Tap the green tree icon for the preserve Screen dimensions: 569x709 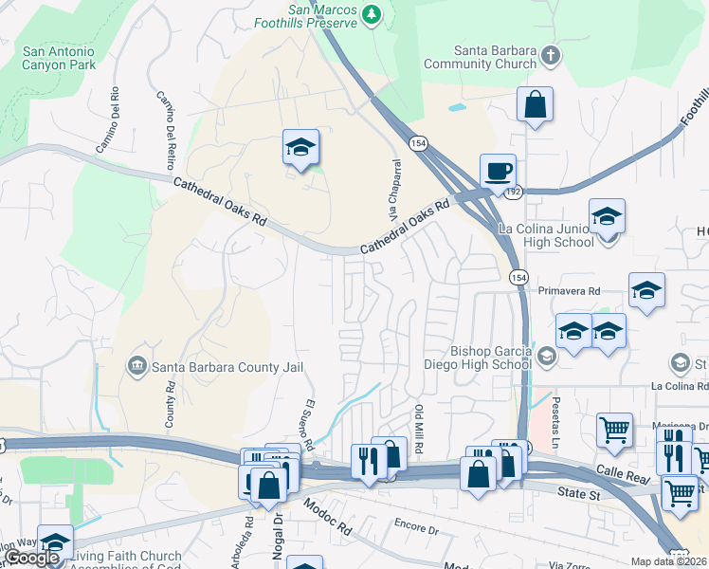(373, 13)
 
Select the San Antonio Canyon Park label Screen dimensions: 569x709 (59, 59)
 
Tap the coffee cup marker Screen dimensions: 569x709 (498, 172)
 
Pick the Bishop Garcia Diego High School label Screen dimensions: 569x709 (491, 358)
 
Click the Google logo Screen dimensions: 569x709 (31, 558)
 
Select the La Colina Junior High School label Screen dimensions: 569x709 (548, 235)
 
